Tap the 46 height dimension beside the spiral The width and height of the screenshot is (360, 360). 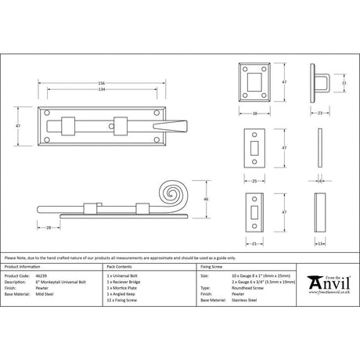click(x=206, y=200)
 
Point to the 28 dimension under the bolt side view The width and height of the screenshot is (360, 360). click(x=49, y=228)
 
